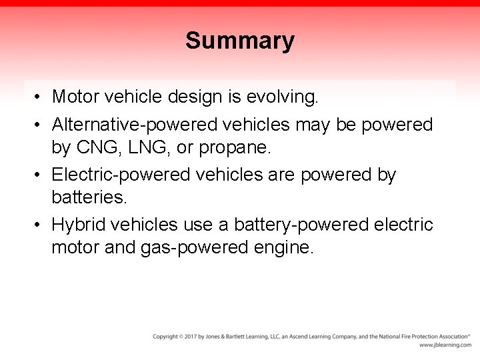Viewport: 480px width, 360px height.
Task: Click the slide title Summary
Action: pyautogui.click(x=240, y=41)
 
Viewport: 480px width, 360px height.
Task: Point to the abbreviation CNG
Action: pyautogui.click(x=99, y=147)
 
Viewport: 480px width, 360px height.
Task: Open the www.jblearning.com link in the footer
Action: pyautogui.click(x=445, y=345)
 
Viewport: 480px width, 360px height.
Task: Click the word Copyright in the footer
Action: pyautogui.click(x=165, y=337)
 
